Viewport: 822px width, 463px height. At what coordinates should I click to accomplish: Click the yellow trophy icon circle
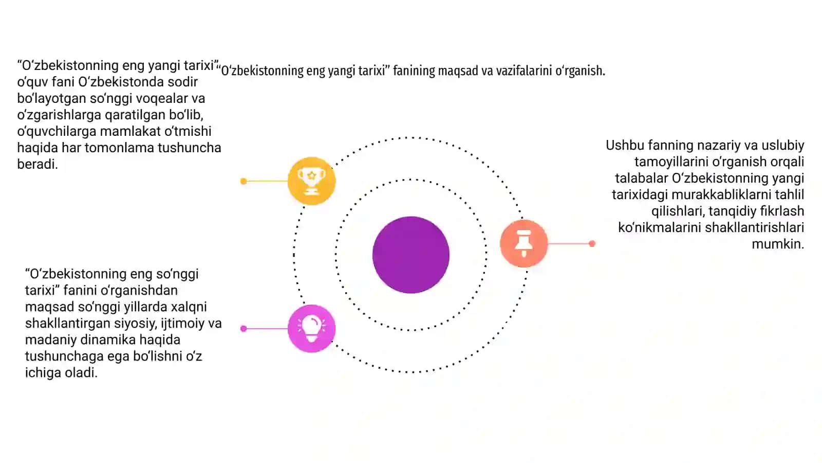(311, 181)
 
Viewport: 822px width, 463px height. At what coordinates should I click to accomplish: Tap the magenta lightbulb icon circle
(311, 329)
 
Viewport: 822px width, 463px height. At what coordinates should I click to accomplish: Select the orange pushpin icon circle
(524, 243)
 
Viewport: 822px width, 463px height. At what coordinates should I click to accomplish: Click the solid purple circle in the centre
(411, 255)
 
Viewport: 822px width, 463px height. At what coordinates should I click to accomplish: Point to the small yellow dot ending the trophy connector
(244, 181)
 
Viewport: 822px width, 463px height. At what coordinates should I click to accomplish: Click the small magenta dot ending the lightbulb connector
(244, 329)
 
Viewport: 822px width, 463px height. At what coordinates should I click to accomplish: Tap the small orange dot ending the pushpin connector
(592, 244)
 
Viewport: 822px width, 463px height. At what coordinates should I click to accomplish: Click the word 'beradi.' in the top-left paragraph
(38, 164)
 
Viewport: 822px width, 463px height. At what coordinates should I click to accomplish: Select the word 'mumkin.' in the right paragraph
(778, 244)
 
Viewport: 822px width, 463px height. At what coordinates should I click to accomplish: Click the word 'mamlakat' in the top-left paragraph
(130, 131)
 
